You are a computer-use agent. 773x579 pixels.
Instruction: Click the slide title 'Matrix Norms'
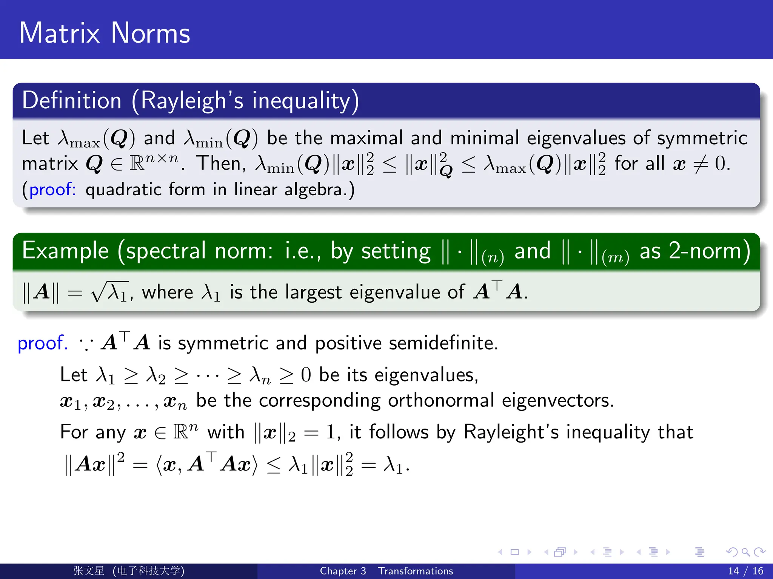[x=105, y=33]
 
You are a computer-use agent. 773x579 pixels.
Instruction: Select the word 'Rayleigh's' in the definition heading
[x=192, y=101]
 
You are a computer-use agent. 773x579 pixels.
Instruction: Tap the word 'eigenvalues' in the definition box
[x=576, y=138]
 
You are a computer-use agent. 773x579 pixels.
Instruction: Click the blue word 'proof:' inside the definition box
[x=52, y=189]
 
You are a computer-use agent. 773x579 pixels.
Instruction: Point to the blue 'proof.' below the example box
[x=43, y=343]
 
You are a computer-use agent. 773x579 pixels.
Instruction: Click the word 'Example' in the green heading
[x=65, y=251]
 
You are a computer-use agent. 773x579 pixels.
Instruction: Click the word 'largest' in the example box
[x=313, y=293]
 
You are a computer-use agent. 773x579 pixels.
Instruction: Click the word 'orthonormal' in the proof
[x=441, y=400]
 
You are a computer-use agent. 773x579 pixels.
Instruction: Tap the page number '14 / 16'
[x=745, y=571]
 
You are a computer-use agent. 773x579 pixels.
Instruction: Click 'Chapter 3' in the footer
[x=343, y=571]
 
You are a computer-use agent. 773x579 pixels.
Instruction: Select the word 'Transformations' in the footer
[x=416, y=571]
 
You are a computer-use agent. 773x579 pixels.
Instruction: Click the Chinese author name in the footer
[x=89, y=571]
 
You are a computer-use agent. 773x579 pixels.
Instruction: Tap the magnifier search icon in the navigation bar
[x=745, y=552]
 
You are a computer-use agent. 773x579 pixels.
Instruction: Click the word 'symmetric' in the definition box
[x=702, y=138]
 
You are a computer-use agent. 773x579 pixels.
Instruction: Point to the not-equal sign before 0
[x=700, y=164]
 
